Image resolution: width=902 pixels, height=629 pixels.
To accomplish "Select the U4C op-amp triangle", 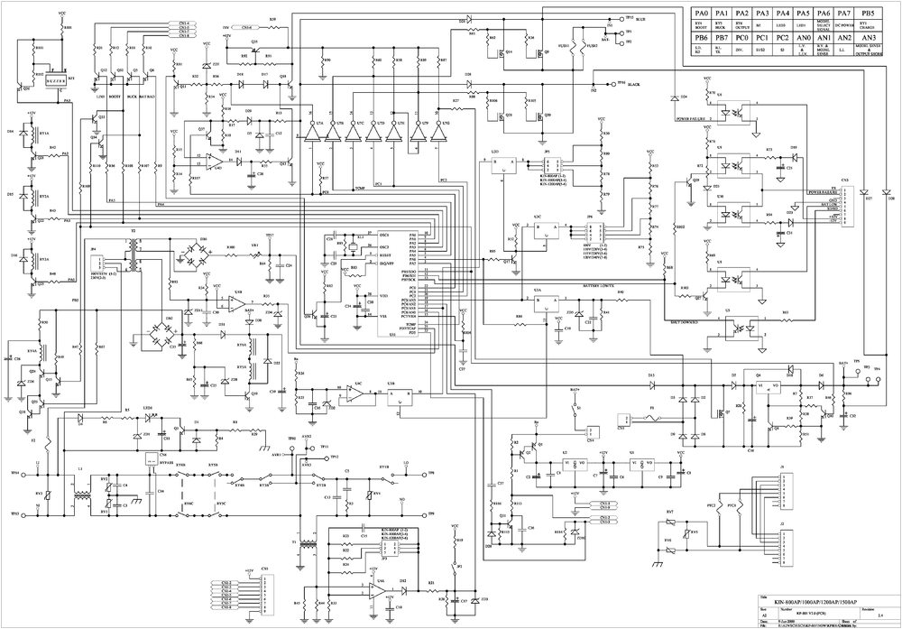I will (355, 394).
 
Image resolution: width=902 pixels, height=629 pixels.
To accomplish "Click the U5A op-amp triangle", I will (380, 591).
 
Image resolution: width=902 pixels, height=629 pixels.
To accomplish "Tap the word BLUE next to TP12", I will (640, 17).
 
